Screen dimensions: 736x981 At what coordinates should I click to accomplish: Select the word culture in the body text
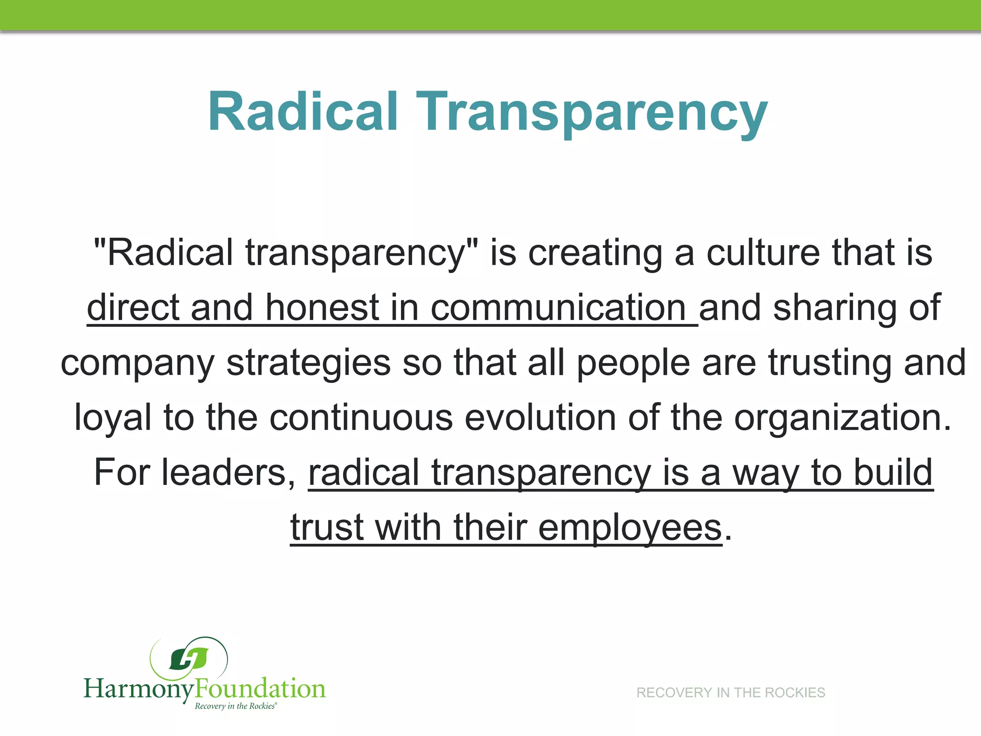pos(763,253)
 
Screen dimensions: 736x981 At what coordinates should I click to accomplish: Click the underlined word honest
pos(322,308)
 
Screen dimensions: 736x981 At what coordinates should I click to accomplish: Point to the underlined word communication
pos(559,308)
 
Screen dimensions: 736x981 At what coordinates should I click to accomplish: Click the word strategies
pos(308,363)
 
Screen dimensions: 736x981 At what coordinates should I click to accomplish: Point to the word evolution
pos(540,418)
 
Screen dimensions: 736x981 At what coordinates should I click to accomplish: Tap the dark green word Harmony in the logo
pos(139,689)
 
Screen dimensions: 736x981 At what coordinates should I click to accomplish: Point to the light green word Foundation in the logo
pos(260,689)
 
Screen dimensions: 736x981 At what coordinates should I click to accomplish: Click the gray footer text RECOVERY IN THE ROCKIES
pos(730,692)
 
